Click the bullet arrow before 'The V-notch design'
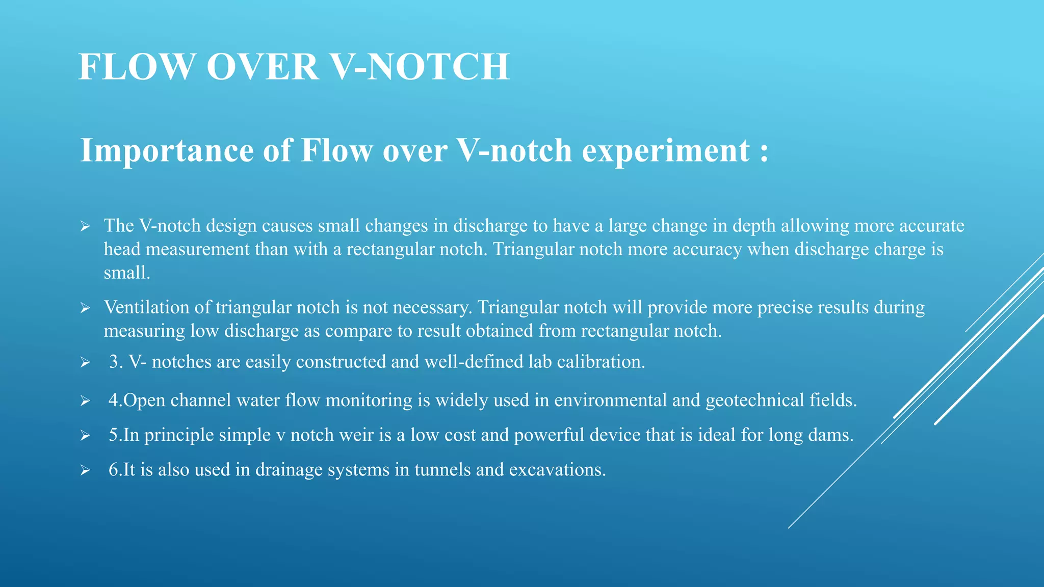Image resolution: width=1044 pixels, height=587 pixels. point(85,226)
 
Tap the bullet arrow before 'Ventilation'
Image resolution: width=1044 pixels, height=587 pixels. point(85,308)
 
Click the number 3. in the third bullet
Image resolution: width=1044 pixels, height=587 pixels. point(116,362)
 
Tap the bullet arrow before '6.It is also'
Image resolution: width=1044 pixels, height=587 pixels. point(85,470)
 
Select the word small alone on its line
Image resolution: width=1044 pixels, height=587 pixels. point(126,273)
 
